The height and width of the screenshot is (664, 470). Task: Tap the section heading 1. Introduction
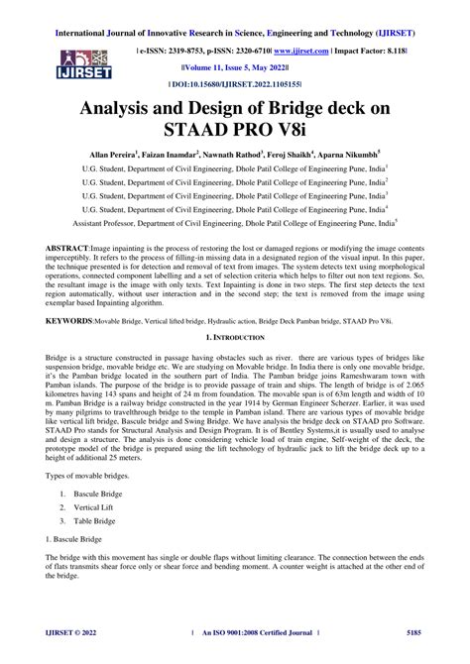point(235,341)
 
